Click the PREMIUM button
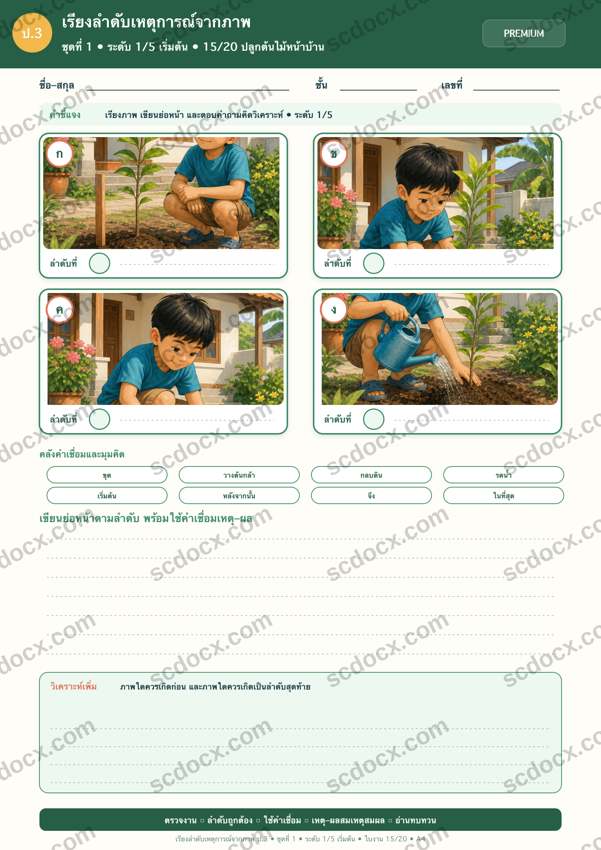[524, 33]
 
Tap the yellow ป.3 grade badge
[32, 33]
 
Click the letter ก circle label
[59, 154]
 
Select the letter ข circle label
[334, 154]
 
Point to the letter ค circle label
[59, 310]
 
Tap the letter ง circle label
[334, 310]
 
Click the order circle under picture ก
[100, 263]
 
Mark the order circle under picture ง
[374, 419]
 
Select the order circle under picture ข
[374, 263]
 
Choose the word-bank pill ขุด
[107, 475]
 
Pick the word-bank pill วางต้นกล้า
[239, 475]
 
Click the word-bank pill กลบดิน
[371, 475]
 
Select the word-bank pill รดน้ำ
[504, 475]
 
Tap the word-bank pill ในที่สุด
[504, 495]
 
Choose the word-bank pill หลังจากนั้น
[239, 495]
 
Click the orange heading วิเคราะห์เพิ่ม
[74, 686]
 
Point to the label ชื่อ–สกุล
[57, 85]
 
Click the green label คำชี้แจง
[65, 115]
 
